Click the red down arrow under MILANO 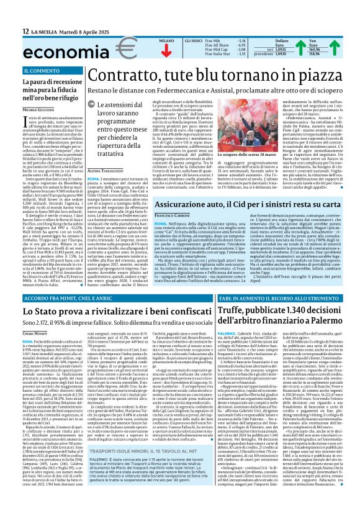[149, 51]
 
